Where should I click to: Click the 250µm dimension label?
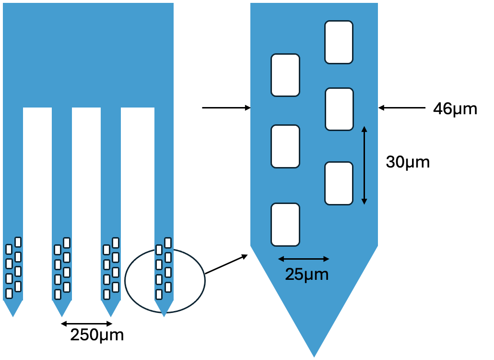pos(97,335)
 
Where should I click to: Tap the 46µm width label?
pos(455,109)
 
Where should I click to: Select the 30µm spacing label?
pos(408,162)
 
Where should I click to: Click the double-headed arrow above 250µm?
pos(86,324)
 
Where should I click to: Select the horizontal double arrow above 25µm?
pos(304,259)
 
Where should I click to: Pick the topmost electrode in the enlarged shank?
pos(339,42)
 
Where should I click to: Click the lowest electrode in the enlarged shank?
pos(285,225)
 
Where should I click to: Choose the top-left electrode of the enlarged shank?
pos(285,75)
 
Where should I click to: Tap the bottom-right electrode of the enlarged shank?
pos(339,183)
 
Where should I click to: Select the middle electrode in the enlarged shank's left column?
pos(285,146)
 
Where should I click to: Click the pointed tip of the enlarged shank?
pos(314,354)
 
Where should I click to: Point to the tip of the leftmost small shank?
pos(13,314)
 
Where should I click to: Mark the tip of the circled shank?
pos(164,314)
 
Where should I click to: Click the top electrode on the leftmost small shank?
pos(18,242)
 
